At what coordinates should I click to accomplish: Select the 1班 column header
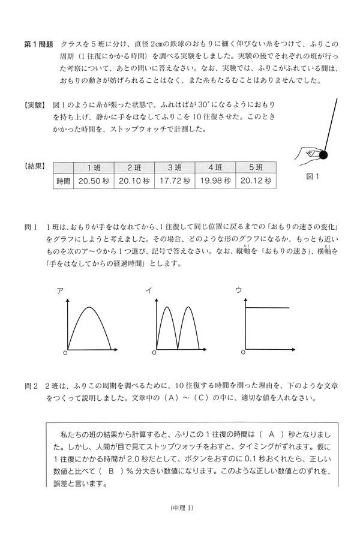coord(94,167)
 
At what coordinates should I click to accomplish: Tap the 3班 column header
coord(175,167)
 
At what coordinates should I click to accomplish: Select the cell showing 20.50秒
coord(94,181)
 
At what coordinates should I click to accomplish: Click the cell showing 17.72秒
coord(175,181)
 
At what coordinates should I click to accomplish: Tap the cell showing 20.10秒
coord(134,181)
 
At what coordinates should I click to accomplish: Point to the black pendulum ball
coord(324,155)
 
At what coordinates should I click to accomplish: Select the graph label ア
coord(60,290)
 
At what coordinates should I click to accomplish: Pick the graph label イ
coord(148,290)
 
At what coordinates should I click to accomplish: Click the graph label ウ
coord(238,290)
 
